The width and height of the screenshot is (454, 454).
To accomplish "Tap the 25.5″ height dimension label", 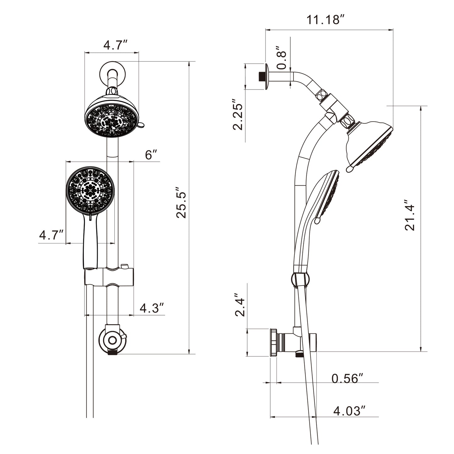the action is tap(181, 202).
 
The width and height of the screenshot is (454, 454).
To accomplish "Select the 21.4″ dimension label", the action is tap(410, 215).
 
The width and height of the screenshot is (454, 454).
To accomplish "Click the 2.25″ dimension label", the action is tap(238, 114).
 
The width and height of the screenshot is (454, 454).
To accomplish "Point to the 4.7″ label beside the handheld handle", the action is tap(51, 235).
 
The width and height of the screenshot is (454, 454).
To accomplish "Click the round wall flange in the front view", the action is tap(112, 74).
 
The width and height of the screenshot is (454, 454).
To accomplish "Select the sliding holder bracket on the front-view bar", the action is tap(109, 276).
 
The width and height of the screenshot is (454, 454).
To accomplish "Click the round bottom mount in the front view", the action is tap(112, 341).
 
